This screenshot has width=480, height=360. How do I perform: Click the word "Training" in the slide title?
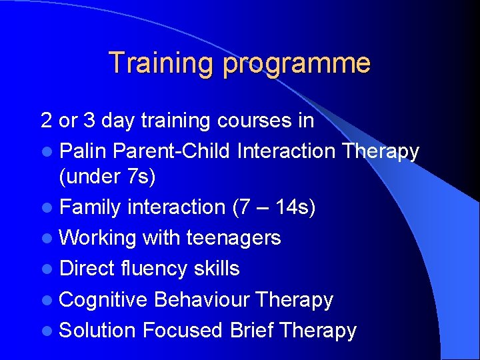161,63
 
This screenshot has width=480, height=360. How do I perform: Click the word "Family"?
91,207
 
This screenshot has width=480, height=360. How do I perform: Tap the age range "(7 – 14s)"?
273,207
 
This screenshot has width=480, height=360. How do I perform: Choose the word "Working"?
98,238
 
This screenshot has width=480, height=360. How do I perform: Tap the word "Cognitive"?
103,300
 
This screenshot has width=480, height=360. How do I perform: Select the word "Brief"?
253,331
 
